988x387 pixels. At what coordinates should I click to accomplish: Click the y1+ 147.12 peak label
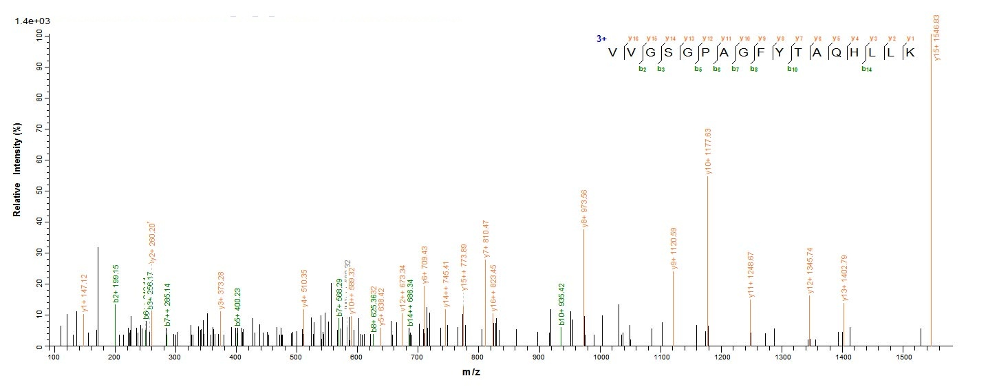tap(84, 293)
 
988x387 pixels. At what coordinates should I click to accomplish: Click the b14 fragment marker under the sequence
tap(866, 69)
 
